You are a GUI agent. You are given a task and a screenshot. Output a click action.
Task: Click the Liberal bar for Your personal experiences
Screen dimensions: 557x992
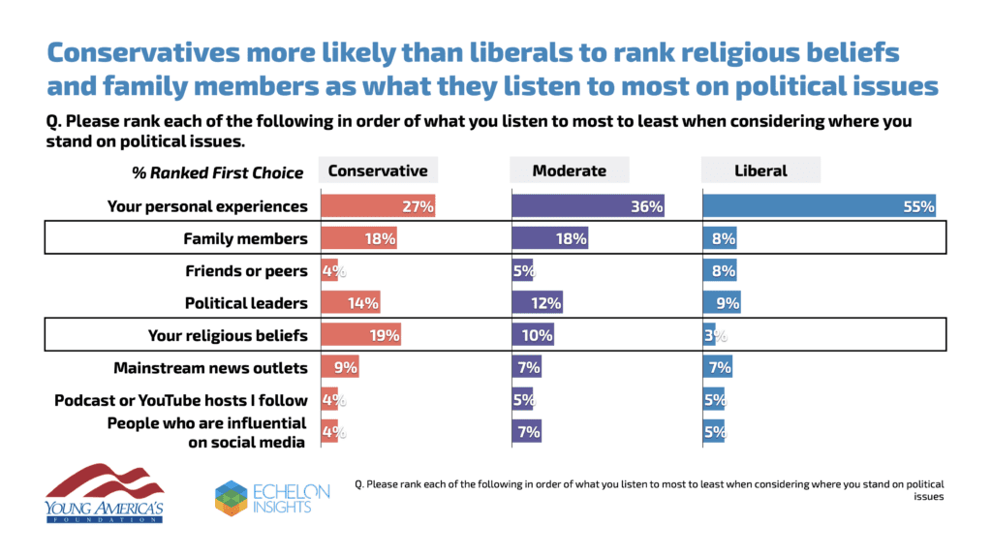(x=819, y=205)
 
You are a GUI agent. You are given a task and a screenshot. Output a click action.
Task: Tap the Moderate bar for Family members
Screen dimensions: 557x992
(x=549, y=238)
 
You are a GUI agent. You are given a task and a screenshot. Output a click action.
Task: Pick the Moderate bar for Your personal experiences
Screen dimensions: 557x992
(x=588, y=205)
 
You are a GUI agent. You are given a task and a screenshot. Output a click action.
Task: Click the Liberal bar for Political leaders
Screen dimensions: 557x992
(x=721, y=302)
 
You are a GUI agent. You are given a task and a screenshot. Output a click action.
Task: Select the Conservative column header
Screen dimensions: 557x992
(x=378, y=170)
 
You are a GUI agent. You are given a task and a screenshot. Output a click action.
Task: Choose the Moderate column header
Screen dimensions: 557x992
(x=570, y=170)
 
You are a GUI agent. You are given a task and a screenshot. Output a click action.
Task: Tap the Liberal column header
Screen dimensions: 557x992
(x=760, y=170)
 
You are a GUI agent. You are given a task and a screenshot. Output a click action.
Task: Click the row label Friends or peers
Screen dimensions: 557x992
(x=246, y=270)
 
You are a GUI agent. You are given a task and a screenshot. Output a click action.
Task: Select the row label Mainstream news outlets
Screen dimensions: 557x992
(x=210, y=367)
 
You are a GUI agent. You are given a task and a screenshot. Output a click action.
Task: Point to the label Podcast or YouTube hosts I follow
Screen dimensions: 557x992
(x=181, y=399)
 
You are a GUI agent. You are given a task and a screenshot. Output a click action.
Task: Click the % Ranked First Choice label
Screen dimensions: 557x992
(x=217, y=172)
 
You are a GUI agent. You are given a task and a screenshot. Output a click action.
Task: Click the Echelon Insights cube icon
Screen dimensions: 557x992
(x=232, y=498)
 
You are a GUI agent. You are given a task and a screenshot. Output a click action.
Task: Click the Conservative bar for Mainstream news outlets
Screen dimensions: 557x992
(x=339, y=367)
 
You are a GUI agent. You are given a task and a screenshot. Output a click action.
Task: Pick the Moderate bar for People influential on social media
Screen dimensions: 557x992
(x=526, y=432)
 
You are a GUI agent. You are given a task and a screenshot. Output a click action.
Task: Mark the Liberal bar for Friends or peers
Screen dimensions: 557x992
(x=719, y=270)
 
